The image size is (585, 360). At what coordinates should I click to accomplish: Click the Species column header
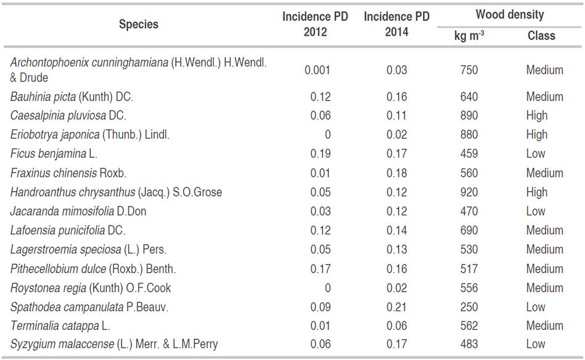138,25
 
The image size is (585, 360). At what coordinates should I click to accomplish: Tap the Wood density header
509,15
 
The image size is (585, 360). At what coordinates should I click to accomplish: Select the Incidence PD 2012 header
315,25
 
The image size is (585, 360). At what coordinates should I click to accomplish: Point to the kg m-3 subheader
468,36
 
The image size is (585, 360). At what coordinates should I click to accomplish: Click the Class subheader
541,36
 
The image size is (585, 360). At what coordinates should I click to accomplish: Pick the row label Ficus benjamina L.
54,153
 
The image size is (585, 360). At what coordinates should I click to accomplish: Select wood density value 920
468,192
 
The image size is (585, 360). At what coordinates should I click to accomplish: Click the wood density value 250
468,307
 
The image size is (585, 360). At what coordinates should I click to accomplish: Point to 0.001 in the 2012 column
317,70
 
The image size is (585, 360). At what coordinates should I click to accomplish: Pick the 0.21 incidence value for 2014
397,307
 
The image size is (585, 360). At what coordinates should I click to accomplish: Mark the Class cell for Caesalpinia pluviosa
536,115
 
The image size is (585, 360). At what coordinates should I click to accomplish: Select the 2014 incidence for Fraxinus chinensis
397,173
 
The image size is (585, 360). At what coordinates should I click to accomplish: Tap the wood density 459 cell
468,153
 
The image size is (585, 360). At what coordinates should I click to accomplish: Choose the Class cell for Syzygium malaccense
535,345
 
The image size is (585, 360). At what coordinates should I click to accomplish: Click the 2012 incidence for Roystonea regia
327,288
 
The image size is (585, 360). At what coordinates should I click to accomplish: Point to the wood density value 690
468,231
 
